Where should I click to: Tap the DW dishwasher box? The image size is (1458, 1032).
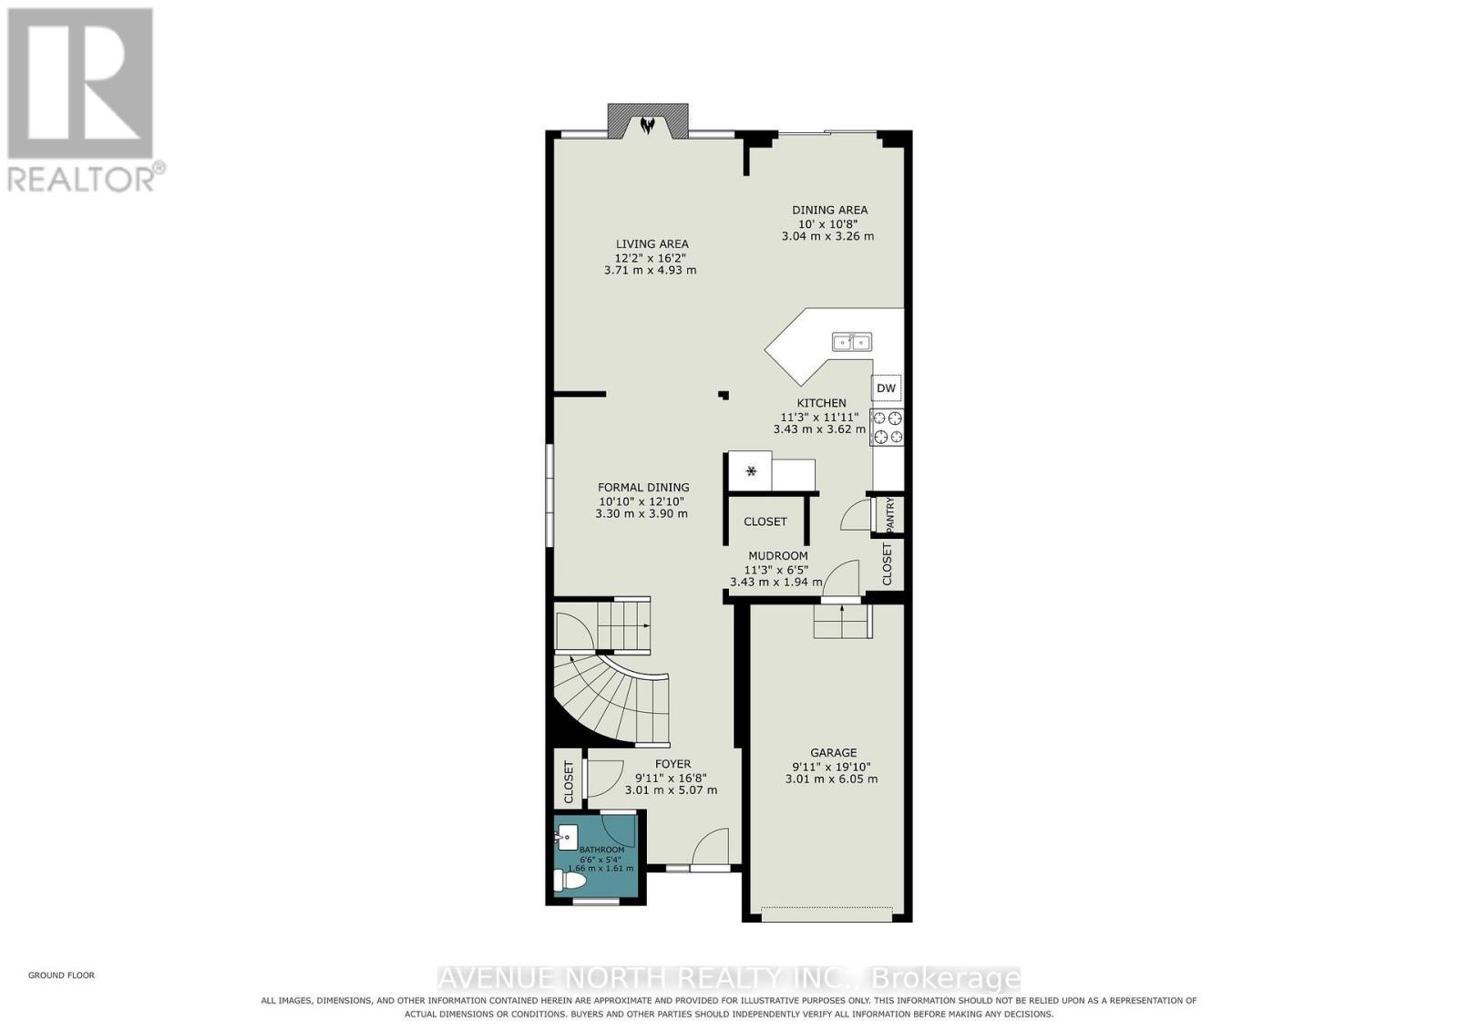887,388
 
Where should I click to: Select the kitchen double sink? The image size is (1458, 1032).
852,342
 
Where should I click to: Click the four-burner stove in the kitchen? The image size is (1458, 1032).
888,428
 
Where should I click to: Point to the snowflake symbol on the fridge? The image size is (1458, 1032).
751,470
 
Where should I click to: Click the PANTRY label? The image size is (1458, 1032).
890,514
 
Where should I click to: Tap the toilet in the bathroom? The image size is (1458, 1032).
570,881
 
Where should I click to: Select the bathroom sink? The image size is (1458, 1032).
567,837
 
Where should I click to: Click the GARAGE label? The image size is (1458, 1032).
833,752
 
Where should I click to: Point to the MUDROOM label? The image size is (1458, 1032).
778,555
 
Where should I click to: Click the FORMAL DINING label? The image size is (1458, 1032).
643,487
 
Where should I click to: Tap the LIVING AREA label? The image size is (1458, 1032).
652,243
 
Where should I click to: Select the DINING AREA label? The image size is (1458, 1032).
829,210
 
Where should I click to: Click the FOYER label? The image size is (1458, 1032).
673,764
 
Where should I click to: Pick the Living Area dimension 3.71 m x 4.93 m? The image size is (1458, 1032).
651,270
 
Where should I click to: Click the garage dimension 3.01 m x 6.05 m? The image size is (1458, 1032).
831,779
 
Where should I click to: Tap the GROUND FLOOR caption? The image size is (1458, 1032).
61,975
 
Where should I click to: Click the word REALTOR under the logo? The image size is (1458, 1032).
81,180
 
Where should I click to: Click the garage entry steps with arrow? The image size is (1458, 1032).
842,622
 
